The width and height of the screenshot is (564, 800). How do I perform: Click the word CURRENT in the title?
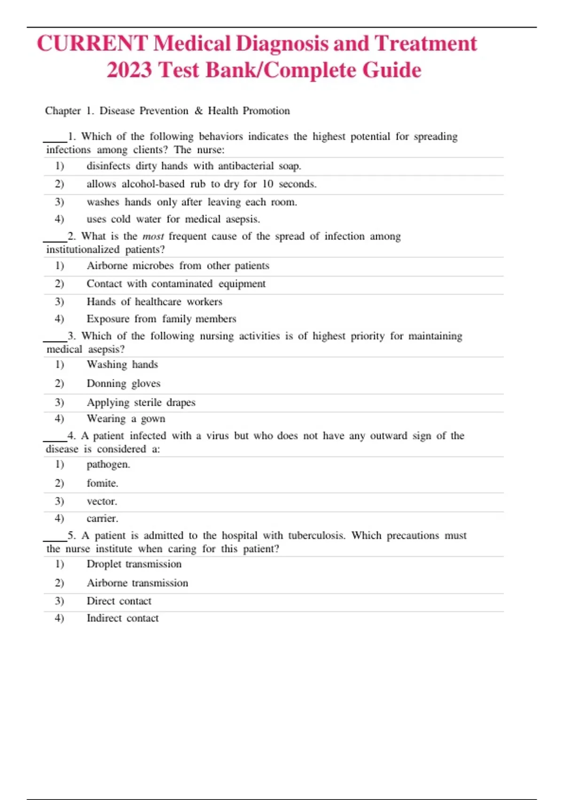[x=92, y=44]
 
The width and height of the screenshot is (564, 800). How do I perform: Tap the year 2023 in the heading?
[x=129, y=71]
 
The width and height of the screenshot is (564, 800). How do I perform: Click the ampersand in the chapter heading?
[x=198, y=111]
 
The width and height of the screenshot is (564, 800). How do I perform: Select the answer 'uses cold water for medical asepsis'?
[x=173, y=219]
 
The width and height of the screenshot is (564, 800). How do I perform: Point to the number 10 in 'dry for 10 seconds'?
[x=267, y=184]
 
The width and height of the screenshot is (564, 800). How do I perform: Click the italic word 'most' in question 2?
[x=153, y=236]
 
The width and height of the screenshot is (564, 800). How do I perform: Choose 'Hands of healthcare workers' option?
[x=154, y=302]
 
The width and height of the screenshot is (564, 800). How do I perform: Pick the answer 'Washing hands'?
[x=122, y=365]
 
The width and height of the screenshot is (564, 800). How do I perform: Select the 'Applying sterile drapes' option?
[x=141, y=402]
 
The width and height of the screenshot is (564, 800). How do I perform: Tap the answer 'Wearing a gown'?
[x=126, y=419]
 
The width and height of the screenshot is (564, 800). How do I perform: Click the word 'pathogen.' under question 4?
[x=108, y=464]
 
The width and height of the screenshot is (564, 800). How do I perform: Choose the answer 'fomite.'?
[x=102, y=483]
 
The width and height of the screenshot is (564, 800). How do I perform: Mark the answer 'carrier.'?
[x=102, y=519]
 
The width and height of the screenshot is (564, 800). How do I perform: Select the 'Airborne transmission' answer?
[x=137, y=583]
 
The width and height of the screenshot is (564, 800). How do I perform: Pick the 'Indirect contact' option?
[x=123, y=618]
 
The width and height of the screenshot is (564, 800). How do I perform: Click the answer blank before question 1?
[x=55, y=139]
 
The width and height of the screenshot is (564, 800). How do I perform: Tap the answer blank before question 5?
[x=55, y=538]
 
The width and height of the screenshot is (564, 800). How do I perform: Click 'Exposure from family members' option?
[x=161, y=319]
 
